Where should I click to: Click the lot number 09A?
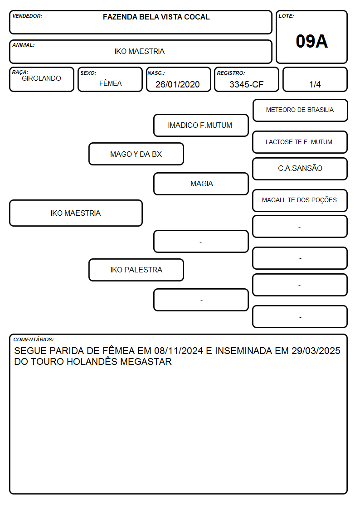coord(311,41)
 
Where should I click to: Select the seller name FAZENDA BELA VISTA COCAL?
coord(156,17)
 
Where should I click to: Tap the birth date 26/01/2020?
coord(178,84)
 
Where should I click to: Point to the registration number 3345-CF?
coord(246,84)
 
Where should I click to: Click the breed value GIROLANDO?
coord(41,78)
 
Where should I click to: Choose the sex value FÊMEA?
coord(110,83)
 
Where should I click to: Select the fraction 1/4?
coord(315,84)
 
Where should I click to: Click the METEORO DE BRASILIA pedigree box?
coord(300,111)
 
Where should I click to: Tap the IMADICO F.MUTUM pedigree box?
coord(201,125)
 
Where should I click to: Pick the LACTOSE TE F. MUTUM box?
coord(300,142)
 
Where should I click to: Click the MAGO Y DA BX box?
coord(136,154)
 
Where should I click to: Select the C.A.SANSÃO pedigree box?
coord(300,169)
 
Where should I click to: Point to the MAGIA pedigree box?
coord(201,184)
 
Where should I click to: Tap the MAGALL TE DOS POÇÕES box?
coord(300,200)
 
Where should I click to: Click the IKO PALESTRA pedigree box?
coord(136,270)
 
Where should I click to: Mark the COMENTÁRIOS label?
coord(34,339)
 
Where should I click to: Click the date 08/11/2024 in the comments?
coord(179,350)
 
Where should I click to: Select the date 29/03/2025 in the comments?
coord(316,350)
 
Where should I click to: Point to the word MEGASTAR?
coord(146,362)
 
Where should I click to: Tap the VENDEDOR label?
coord(27,16)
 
